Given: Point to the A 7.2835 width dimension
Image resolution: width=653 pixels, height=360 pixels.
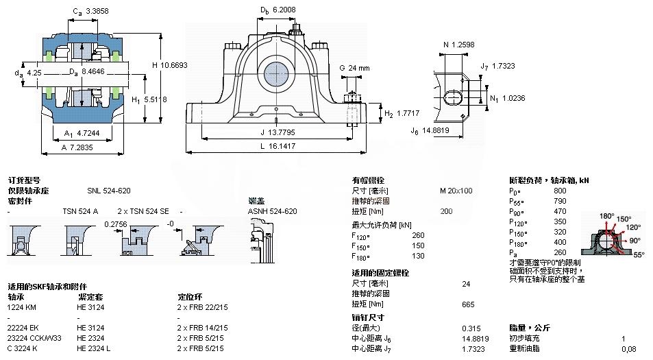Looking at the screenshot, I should point(77,147).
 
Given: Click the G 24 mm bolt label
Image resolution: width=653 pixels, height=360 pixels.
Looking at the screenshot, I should point(355,68).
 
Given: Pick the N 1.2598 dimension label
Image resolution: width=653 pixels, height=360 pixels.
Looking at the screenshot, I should point(459,45).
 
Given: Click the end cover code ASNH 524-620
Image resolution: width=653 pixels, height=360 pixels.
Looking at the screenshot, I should point(272,211).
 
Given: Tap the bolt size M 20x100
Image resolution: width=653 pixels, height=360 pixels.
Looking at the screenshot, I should point(456,190).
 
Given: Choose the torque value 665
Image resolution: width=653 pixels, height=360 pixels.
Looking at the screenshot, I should point(469,304).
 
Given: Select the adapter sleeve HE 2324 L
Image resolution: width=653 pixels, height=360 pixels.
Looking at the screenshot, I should point(95,348).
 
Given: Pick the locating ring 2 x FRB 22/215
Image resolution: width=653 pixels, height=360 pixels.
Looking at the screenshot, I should point(202,307).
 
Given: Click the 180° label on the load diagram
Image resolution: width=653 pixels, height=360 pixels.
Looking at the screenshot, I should point(607,216).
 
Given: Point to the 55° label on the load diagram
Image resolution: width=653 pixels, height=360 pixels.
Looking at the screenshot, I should point(639,254).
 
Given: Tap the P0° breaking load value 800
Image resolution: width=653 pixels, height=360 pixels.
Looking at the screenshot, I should point(560,190).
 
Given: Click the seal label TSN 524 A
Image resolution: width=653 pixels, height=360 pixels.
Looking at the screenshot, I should point(80,211).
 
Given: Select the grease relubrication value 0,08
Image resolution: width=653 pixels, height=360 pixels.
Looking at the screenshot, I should point(628,349).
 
